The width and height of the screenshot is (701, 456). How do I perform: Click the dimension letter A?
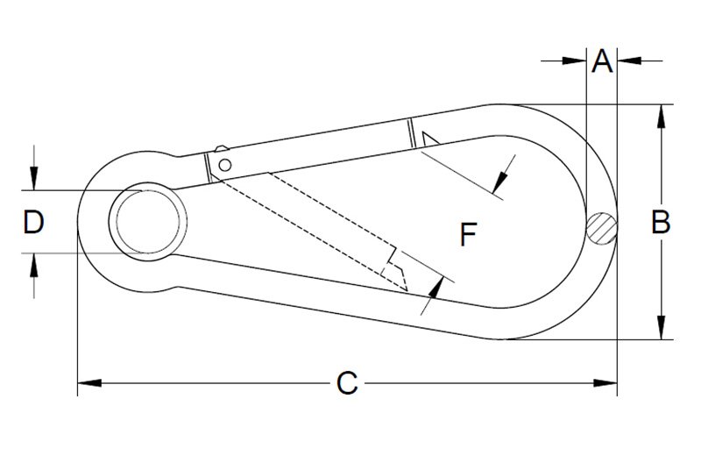[602, 61]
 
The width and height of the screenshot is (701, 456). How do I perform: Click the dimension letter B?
[661, 222]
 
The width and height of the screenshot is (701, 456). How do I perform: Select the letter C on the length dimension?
[347, 383]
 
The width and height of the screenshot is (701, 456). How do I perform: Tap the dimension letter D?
[33, 223]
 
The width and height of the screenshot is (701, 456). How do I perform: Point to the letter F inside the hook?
[468, 234]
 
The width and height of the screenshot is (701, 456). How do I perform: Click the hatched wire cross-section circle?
[602, 228]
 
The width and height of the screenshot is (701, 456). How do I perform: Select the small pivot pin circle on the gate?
[225, 165]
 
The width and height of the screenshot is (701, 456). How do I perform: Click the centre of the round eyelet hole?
[148, 222]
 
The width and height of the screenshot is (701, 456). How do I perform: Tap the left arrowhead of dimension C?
[89, 383]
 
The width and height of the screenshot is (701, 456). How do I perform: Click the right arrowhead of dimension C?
[605, 383]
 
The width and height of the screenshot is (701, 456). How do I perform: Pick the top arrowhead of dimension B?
[662, 117]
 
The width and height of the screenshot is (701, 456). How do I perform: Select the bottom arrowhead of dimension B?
[662, 328]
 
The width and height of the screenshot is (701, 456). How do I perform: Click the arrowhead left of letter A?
[575, 61]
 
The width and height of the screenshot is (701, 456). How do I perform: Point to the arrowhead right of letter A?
[629, 61]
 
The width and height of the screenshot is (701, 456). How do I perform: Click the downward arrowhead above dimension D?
[34, 178]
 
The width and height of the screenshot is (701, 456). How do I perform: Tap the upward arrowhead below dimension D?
[34, 265]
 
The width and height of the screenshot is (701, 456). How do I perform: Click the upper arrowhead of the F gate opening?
[500, 182]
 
